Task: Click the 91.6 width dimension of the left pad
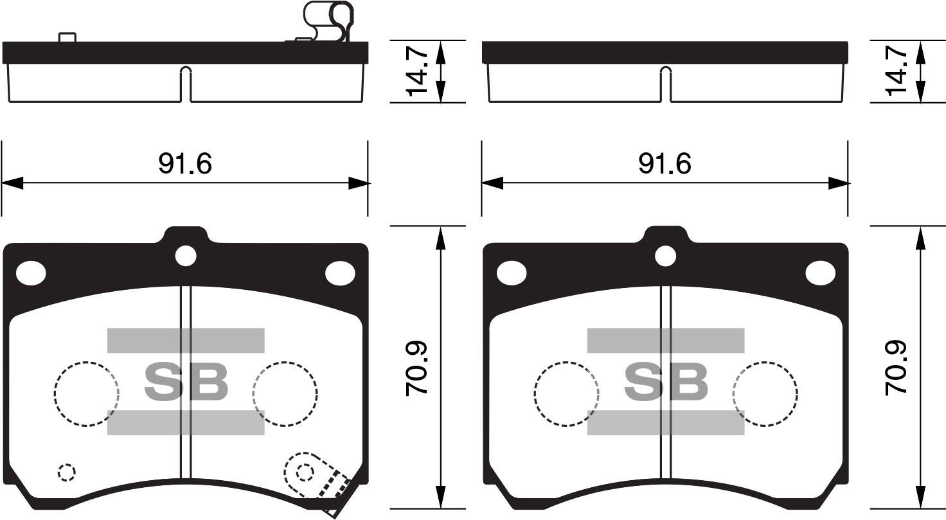[x=185, y=164]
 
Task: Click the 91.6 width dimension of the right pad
[x=665, y=164]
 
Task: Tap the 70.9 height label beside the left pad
[x=417, y=368]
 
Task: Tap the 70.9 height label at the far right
[x=896, y=368]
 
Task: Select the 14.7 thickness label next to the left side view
[x=417, y=71]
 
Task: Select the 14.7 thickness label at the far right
[x=896, y=71]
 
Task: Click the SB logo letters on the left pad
[x=186, y=382]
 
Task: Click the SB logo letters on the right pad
[x=666, y=382]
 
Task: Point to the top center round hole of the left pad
[x=186, y=256]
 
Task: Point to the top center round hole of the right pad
[x=666, y=256]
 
